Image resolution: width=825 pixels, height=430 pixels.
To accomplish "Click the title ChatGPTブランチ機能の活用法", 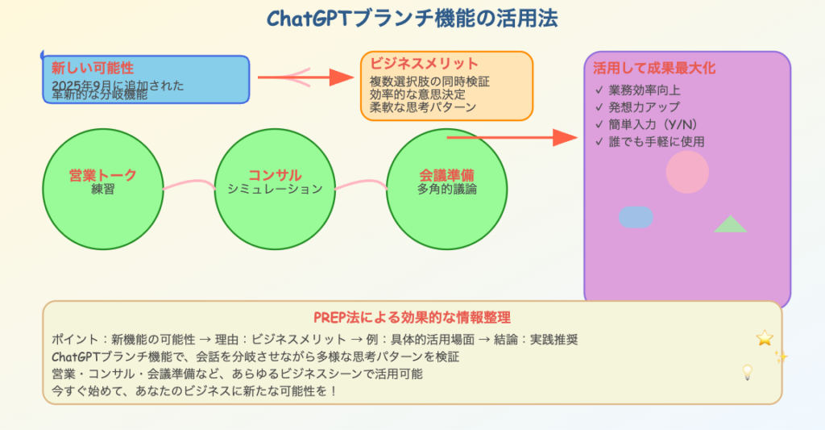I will [412, 18].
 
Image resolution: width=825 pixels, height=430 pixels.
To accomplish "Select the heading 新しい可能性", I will [93, 68].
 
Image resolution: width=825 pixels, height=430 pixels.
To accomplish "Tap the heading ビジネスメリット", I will [424, 64].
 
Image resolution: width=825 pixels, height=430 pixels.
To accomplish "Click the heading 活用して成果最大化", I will [654, 68].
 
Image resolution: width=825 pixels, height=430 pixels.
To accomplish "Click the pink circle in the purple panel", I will [687, 172].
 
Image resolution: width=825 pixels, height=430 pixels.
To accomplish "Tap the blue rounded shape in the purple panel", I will [636, 216].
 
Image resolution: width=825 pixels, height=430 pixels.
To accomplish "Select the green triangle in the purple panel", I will [730, 225].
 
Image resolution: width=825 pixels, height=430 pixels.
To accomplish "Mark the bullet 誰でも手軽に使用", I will [649, 141].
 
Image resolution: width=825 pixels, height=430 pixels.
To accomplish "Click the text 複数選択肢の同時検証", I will [429, 81].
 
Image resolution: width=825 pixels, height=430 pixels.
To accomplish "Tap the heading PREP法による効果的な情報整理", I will [412, 317].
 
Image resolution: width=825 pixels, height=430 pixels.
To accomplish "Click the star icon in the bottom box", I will [765, 338].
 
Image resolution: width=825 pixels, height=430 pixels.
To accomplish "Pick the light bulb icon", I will [747, 373].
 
